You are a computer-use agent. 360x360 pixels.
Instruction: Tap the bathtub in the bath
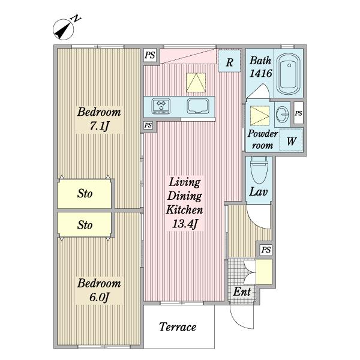click(289, 74)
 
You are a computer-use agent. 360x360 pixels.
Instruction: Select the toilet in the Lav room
click(259, 170)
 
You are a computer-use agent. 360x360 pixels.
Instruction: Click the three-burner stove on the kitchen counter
click(161, 106)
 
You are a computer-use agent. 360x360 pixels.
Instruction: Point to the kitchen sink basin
click(198, 106)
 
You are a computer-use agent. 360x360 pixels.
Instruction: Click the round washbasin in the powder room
click(282, 114)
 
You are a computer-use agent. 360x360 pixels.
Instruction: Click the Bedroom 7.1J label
click(99, 119)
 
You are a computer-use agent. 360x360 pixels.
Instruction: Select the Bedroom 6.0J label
click(99, 290)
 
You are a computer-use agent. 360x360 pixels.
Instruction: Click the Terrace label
click(178, 327)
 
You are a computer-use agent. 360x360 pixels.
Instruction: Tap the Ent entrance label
click(242, 292)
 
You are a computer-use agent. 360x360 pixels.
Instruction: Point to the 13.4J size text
click(185, 224)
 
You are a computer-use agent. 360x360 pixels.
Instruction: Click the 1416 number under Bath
click(260, 73)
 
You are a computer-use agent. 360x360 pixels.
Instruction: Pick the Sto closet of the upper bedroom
click(84, 194)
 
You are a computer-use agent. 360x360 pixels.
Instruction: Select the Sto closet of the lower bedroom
click(84, 224)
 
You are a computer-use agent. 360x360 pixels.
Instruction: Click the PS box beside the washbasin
click(298, 113)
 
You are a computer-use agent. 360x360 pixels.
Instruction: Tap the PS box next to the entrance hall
click(266, 250)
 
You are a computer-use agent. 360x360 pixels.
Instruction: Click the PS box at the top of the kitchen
click(150, 55)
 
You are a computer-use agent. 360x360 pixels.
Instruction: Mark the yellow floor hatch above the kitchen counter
click(196, 83)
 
